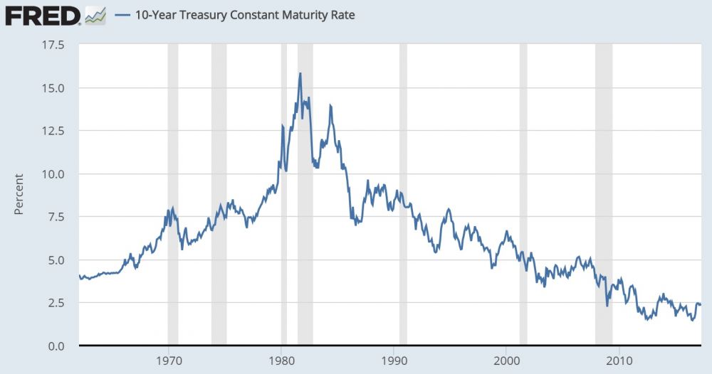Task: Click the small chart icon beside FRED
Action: pos(95,15)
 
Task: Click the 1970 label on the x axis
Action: pos(169,360)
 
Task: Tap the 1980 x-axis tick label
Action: pos(281,360)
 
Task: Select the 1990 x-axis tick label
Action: pos(394,360)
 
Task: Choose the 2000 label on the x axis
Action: pos(506,360)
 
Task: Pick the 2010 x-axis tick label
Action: pos(619,360)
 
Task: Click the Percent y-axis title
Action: pos(19,194)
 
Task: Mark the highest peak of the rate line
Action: pos(300,73)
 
